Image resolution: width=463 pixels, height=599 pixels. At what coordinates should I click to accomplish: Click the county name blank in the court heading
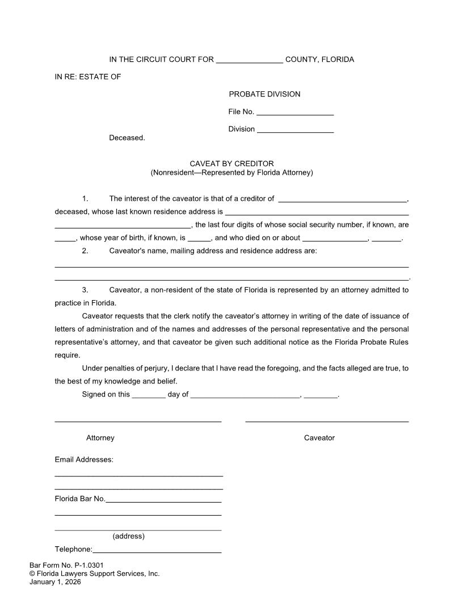pos(249,61)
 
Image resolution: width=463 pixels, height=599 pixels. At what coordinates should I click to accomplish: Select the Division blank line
pos(295,130)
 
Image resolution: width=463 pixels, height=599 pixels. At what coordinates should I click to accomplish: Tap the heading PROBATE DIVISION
pos(264,94)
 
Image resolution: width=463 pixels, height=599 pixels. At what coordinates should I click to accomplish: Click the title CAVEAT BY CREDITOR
pos(231,164)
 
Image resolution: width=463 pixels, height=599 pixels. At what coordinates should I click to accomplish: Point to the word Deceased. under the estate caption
pos(127,138)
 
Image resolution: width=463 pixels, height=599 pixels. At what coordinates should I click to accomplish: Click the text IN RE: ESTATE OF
pos(88,77)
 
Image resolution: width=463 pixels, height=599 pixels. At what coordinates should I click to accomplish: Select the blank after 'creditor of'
pos(342,200)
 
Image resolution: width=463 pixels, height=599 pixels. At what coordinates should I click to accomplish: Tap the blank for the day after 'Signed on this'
pos(148,395)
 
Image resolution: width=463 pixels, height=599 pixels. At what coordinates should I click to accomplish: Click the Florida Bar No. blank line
pos(163,500)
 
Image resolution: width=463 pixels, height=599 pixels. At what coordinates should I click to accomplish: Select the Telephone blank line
pos(157,550)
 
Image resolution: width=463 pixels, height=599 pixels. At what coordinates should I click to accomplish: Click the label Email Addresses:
pos(84,459)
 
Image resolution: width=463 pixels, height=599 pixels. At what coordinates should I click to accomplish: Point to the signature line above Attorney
pos(138,420)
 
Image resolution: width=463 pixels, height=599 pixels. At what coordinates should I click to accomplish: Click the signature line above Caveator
pos(327,420)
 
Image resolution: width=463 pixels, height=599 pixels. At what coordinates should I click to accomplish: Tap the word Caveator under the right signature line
pos(319,438)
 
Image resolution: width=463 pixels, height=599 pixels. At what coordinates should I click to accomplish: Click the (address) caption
pos(129,536)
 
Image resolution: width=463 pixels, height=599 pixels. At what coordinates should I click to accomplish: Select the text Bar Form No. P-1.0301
pos(66,566)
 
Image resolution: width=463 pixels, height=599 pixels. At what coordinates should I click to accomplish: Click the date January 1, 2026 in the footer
pos(55,582)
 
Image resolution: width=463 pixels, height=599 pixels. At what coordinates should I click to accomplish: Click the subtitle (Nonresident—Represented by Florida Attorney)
pos(231,172)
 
